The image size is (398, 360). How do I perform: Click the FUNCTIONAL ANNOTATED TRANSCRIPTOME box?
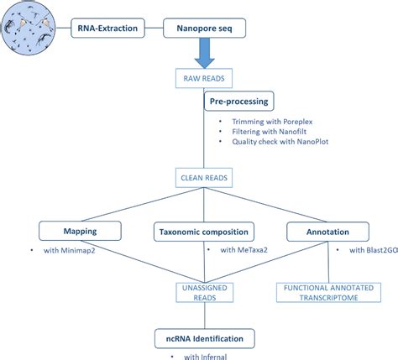(324, 291)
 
